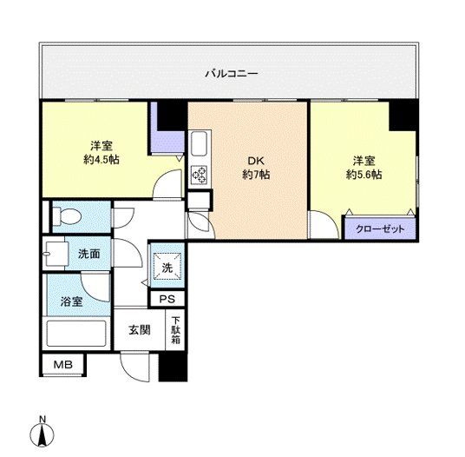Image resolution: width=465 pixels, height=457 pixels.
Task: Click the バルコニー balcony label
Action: point(231,74)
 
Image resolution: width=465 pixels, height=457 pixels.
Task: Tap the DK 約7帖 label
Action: point(256,168)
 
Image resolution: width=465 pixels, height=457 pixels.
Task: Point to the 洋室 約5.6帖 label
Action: point(363,168)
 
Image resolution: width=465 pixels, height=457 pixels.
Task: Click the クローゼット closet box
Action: point(380,229)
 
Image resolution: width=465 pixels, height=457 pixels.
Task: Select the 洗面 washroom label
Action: point(88,255)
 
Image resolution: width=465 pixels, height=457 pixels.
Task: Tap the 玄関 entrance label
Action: point(139,329)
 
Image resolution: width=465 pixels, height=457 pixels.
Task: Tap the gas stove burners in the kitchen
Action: point(198,175)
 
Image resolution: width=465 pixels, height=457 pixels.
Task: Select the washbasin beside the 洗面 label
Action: point(55,253)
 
